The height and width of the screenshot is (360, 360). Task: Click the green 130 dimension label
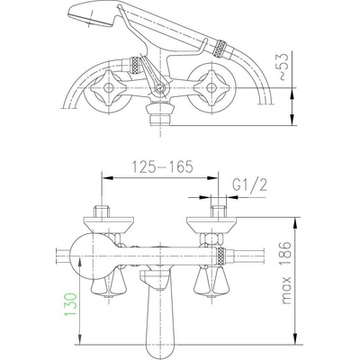(x=70, y=304)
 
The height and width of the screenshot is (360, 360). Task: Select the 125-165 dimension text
(x=162, y=166)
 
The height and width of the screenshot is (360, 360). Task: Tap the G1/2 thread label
(x=249, y=186)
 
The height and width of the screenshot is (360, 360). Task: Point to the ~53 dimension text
(x=283, y=67)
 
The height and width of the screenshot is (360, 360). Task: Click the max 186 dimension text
(x=287, y=273)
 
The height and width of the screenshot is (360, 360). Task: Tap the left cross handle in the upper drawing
(x=108, y=87)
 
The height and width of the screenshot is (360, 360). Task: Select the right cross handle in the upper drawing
(x=211, y=87)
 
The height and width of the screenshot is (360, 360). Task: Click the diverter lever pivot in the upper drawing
(x=159, y=88)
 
